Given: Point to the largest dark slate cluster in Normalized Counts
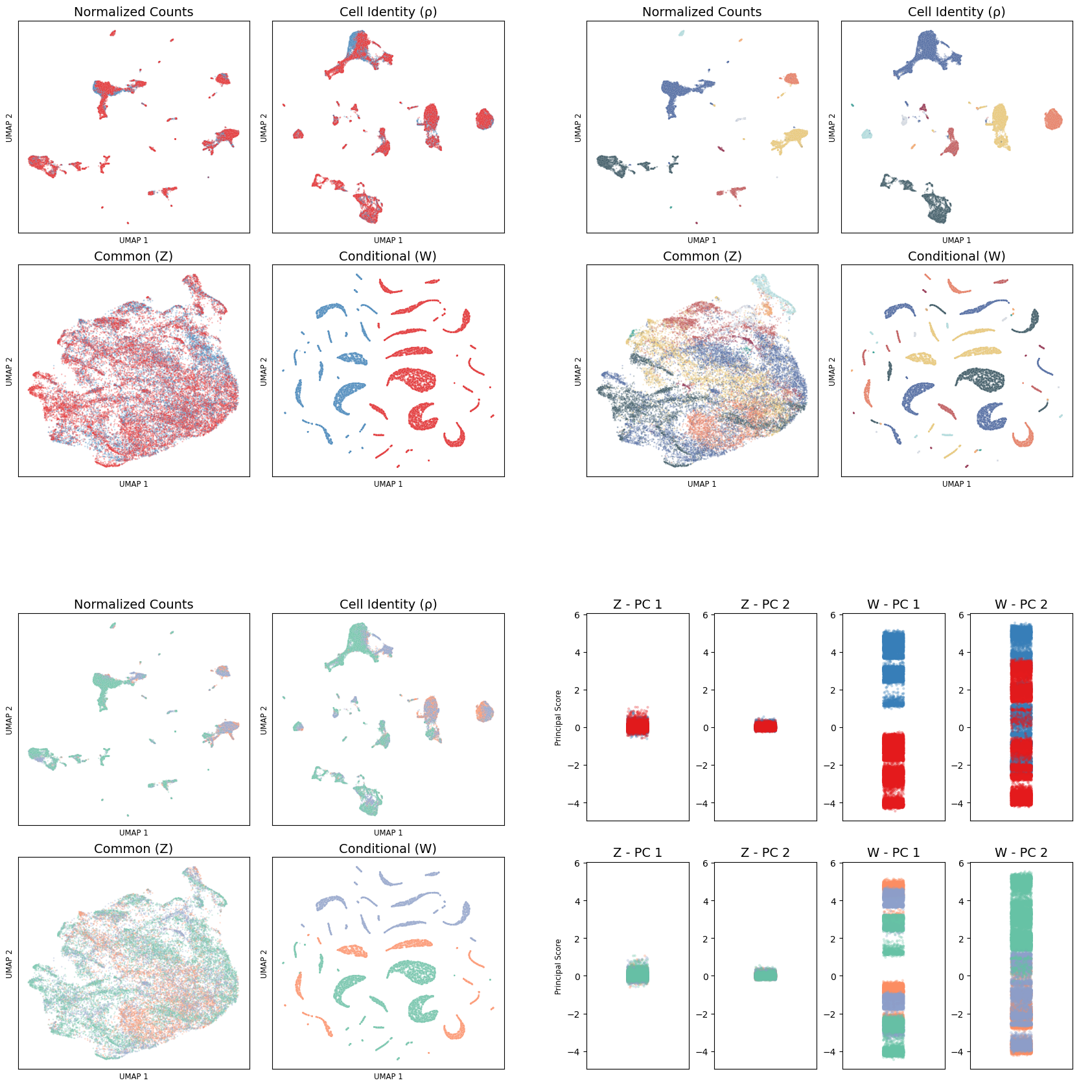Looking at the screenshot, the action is (616, 165).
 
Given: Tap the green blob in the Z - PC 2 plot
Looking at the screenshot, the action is (765, 974).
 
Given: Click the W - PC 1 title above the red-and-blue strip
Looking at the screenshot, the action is (893, 604).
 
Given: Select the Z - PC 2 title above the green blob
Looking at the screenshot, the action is (765, 852).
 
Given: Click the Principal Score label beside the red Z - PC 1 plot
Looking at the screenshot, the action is (558, 718).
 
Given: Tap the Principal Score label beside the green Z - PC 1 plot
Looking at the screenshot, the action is (558, 966).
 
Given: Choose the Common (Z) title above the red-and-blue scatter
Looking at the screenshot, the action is (133, 256).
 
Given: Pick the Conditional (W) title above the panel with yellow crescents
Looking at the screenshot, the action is (957, 256).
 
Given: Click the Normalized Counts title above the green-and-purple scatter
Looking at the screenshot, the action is (133, 604).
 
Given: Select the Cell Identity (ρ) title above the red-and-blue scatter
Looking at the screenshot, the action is (388, 12).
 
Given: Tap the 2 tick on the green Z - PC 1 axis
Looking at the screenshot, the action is (577, 939).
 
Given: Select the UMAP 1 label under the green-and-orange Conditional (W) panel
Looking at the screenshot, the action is (388, 1077).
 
